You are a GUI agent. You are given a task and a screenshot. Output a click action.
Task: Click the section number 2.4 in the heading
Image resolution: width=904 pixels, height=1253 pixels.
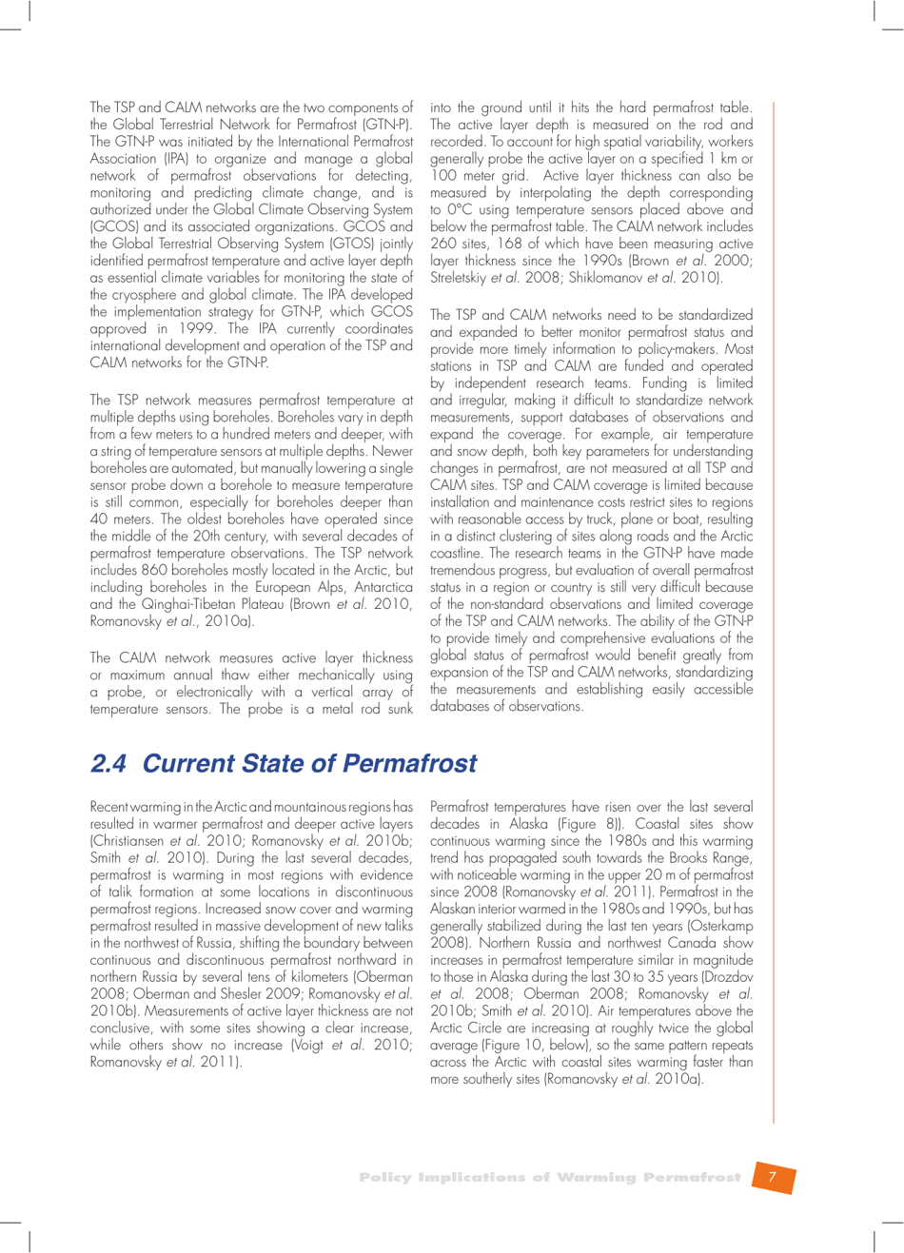click(x=108, y=764)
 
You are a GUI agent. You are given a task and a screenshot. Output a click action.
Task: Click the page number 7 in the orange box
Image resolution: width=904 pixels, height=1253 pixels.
click(x=773, y=1177)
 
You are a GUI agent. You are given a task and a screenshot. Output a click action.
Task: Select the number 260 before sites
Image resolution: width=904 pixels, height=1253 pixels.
click(x=444, y=244)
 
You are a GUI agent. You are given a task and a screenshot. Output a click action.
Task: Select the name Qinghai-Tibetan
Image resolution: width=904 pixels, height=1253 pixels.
click(x=168, y=604)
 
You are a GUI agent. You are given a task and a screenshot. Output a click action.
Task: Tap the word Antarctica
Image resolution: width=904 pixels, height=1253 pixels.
click(x=381, y=587)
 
